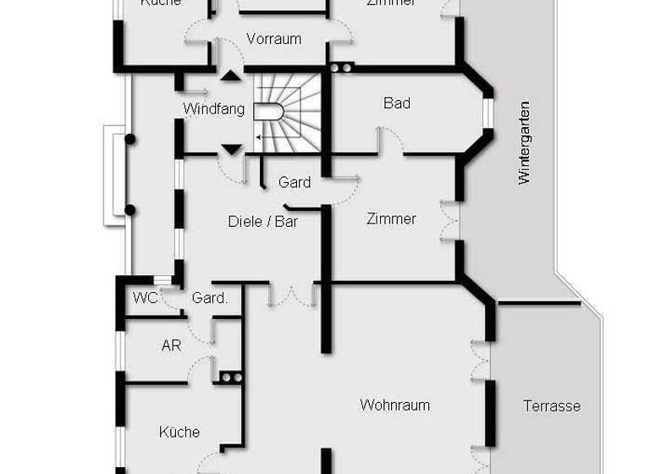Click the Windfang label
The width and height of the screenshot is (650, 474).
point(213,109)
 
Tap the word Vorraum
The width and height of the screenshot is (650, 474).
point(273,39)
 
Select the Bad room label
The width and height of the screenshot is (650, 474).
point(397,103)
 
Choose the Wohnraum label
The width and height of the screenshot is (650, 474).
point(394,405)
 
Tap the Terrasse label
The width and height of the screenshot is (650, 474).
point(552,406)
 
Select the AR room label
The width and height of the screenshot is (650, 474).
point(171,345)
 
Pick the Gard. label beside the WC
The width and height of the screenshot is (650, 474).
point(209,298)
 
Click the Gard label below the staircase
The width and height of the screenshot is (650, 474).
point(295,182)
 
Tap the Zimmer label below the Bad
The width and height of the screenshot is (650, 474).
point(391,219)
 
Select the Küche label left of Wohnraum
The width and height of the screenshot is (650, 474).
point(179,432)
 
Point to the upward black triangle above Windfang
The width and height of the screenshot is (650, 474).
point(230,75)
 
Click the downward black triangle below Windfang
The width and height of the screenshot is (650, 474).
point(230,151)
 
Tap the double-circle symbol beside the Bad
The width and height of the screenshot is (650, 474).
point(341,68)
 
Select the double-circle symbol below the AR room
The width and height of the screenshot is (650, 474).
point(230,378)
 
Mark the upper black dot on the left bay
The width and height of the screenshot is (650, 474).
point(129,139)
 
